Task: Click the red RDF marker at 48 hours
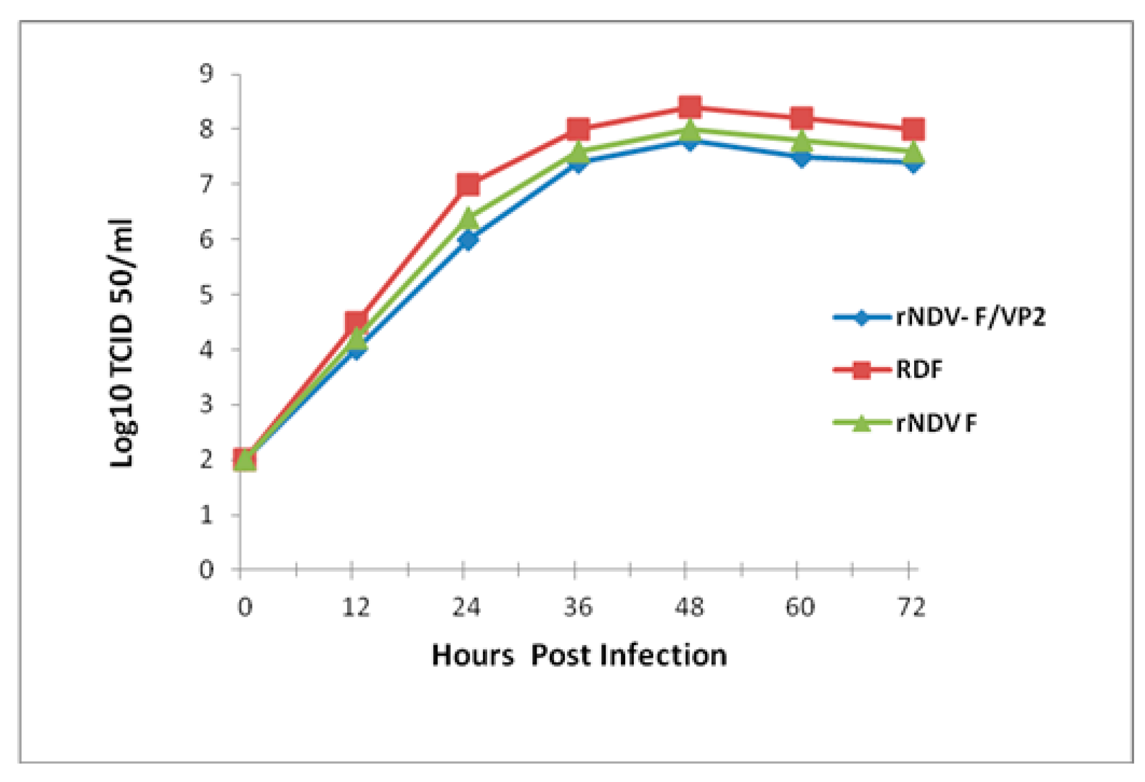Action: pyautogui.click(x=689, y=108)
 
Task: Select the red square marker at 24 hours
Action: pyautogui.click(x=468, y=185)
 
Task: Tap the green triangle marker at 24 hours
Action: pyautogui.click(x=468, y=218)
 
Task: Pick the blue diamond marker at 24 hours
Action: pyautogui.click(x=468, y=239)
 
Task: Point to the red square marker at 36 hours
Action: pyautogui.click(x=578, y=130)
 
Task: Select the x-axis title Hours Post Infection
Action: pyautogui.click(x=579, y=655)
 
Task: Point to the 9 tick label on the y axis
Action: pyautogui.click(x=206, y=73)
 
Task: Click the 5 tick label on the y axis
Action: pyautogui.click(x=206, y=295)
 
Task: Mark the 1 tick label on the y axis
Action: pyautogui.click(x=206, y=515)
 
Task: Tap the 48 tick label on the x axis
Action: pyautogui.click(x=689, y=607)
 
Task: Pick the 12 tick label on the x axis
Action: pyautogui.click(x=356, y=607)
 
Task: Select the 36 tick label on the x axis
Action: pyautogui.click(x=578, y=607)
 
